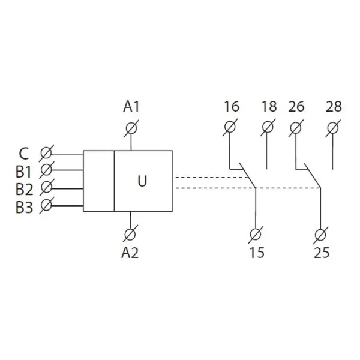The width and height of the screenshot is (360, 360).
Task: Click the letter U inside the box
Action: click(x=142, y=181)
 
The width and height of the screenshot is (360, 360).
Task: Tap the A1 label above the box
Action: click(x=131, y=107)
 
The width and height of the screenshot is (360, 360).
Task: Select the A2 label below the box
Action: click(x=130, y=253)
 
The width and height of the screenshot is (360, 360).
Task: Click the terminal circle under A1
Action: click(x=131, y=127)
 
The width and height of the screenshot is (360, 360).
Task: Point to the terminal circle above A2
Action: click(x=131, y=233)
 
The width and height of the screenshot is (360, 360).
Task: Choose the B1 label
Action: click(x=23, y=170)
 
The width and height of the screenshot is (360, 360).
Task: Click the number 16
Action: click(x=231, y=107)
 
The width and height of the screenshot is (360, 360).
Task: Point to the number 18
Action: click(x=269, y=107)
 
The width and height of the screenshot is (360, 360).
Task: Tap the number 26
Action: click(x=296, y=107)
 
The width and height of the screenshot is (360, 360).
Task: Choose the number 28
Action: click(x=334, y=107)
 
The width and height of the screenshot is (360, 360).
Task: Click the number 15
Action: click(x=257, y=253)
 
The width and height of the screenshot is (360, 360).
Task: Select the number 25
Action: click(x=322, y=253)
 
